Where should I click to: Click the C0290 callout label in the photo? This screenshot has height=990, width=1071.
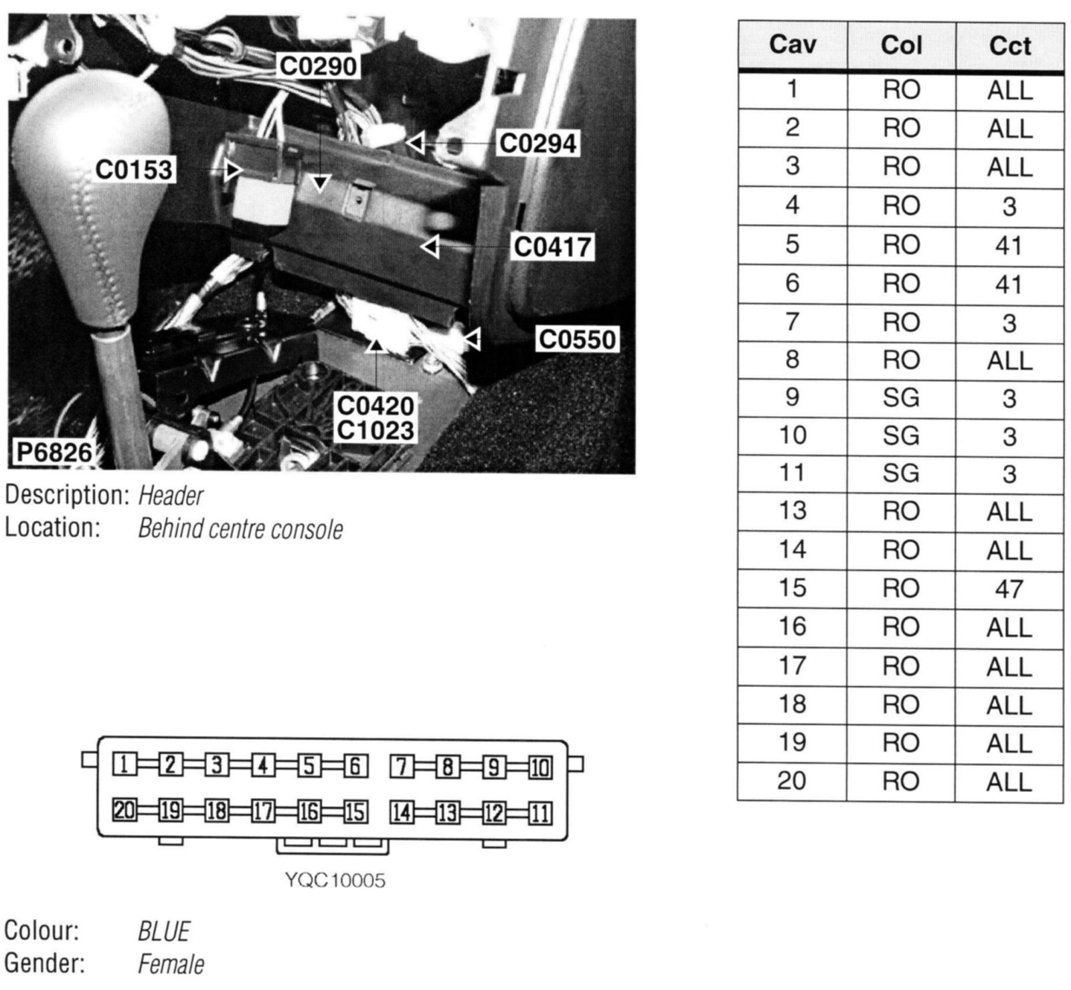click(x=318, y=66)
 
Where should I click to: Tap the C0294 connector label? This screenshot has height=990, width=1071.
click(x=538, y=143)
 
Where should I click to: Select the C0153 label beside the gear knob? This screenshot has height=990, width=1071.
click(x=134, y=170)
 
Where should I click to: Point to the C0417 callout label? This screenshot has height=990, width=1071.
click(x=553, y=247)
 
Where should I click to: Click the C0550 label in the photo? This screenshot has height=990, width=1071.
click(x=577, y=340)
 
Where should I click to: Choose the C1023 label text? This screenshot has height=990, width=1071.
click(x=376, y=430)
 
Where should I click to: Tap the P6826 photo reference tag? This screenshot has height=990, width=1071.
click(x=54, y=453)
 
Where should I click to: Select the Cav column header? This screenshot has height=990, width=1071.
click(x=793, y=45)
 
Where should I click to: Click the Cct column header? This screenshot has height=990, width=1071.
click(x=1010, y=46)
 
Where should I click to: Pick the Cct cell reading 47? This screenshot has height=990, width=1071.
click(x=1009, y=589)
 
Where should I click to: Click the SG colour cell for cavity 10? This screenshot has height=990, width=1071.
click(x=901, y=436)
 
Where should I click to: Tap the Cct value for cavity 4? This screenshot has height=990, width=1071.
click(x=1009, y=207)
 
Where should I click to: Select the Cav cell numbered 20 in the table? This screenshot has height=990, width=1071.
click(x=792, y=781)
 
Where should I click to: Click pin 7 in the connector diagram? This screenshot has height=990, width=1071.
click(x=402, y=765)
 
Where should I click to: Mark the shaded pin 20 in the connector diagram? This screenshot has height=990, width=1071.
click(x=125, y=811)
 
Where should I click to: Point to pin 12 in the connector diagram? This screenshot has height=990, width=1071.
click(x=494, y=813)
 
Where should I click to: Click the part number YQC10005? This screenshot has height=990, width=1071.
click(x=335, y=880)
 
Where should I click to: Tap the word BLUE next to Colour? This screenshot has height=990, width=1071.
click(x=163, y=931)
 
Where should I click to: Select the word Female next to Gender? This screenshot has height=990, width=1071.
click(x=171, y=965)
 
